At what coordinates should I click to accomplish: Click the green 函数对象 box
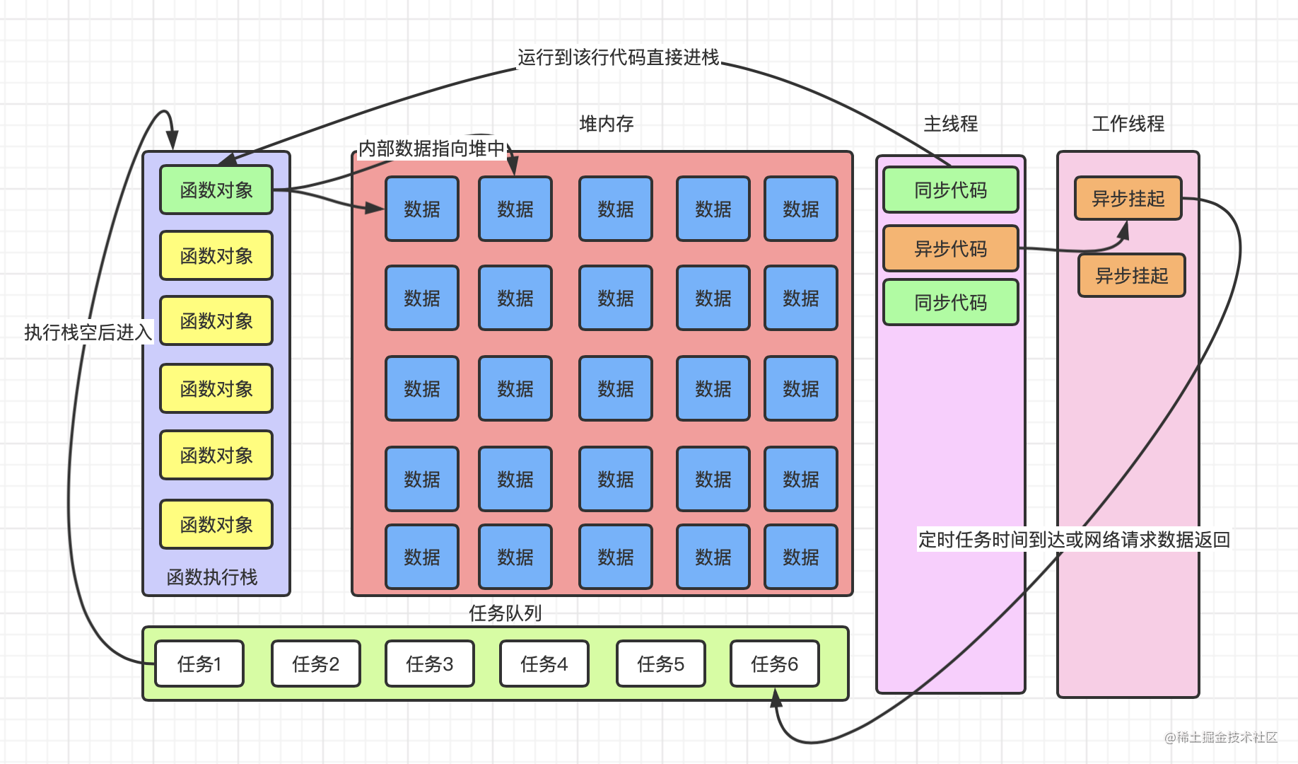pyautogui.click(x=216, y=190)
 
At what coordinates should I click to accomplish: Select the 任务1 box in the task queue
pyautogui.click(x=199, y=664)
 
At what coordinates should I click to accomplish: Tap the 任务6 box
pyautogui.click(x=774, y=664)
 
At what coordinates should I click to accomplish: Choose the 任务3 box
pyautogui.click(x=429, y=664)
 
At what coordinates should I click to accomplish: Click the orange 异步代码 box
pyautogui.click(x=950, y=248)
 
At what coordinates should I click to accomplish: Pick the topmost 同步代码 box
pyautogui.click(x=950, y=190)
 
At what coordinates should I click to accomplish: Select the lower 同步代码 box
pyautogui.click(x=950, y=303)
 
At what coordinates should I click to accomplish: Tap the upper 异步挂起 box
pyautogui.click(x=1128, y=198)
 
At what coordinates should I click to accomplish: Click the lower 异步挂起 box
pyautogui.click(x=1131, y=275)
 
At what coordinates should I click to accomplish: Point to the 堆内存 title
pyautogui.click(x=606, y=124)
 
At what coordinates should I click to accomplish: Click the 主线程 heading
pyautogui.click(x=950, y=124)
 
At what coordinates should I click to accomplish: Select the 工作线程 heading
pyautogui.click(x=1128, y=124)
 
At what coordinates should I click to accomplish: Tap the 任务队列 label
pyautogui.click(x=505, y=613)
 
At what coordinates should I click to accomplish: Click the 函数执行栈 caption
pyautogui.click(x=212, y=577)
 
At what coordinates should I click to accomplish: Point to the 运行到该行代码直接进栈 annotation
pyautogui.click(x=618, y=57)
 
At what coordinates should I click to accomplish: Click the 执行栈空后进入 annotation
pyautogui.click(x=88, y=332)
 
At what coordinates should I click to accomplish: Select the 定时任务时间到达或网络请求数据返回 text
pyautogui.click(x=1074, y=540)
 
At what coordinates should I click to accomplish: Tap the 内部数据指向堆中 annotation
pyautogui.click(x=431, y=149)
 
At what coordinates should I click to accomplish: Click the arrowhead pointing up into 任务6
pyautogui.click(x=776, y=698)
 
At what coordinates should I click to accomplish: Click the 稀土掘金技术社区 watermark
pyautogui.click(x=1221, y=737)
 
